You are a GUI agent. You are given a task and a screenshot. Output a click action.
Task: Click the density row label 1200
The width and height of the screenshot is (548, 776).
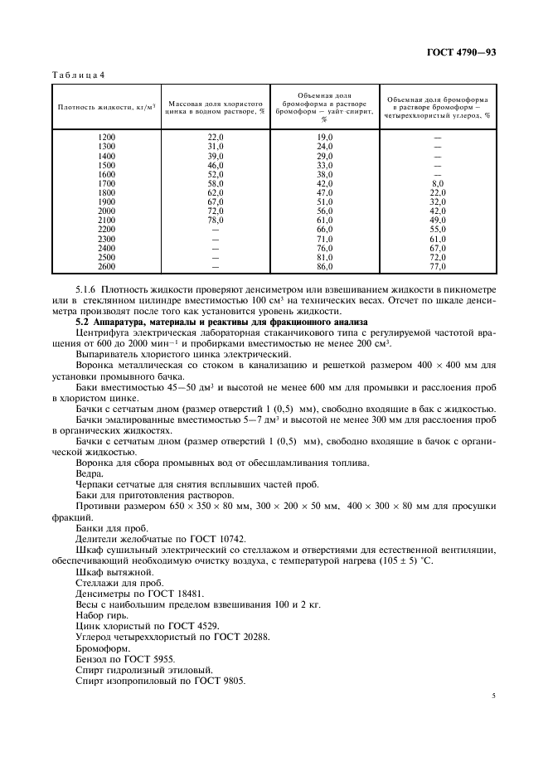coord(107,137)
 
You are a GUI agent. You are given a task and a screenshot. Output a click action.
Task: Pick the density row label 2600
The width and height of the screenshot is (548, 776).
coord(107,266)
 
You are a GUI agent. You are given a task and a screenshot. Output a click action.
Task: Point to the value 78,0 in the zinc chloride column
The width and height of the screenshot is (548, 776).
coord(216,220)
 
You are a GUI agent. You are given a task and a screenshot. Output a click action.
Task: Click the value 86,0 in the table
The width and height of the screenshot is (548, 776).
coord(325,266)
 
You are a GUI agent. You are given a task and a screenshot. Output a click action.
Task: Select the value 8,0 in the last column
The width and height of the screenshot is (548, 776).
coord(438,183)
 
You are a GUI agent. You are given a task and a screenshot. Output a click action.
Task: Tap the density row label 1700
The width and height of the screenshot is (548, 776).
coord(107,183)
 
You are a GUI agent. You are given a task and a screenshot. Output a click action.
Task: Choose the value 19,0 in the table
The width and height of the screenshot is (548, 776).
coord(325,137)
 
